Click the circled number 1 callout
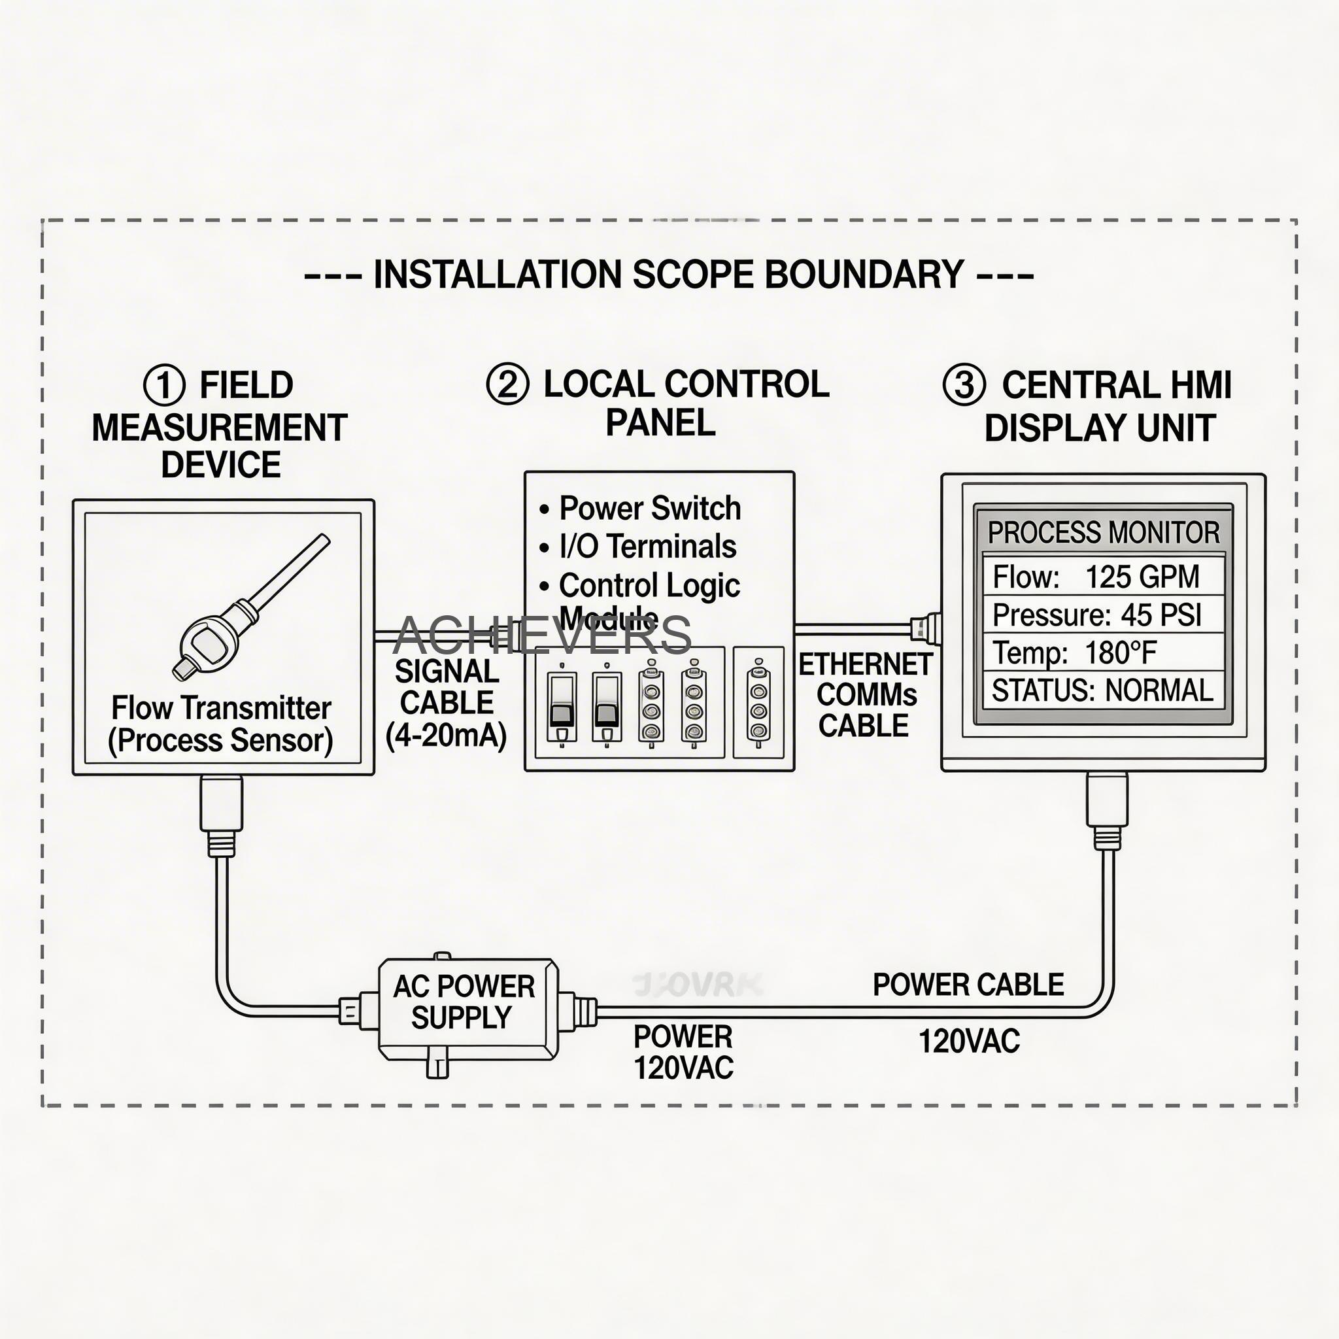(164, 385)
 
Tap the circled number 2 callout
(507, 384)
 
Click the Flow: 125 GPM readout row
(1102, 577)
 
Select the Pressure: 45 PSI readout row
(1102, 615)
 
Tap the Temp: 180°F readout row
(1102, 653)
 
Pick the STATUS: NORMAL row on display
(1102, 690)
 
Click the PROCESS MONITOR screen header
(1103, 532)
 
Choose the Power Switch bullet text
(649, 508)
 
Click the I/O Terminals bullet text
(647, 546)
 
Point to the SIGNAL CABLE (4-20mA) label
(447, 703)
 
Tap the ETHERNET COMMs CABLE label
(865, 695)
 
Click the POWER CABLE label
(968, 985)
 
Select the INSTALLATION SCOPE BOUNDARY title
(669, 275)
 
